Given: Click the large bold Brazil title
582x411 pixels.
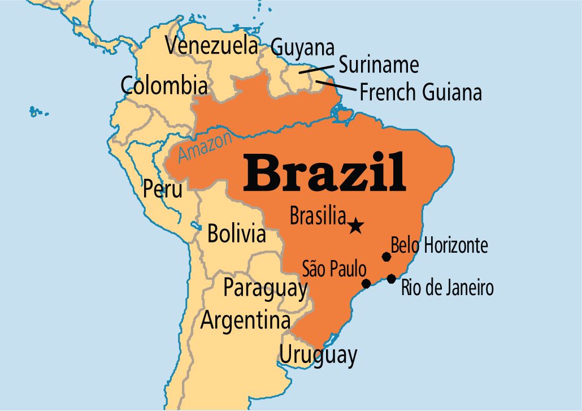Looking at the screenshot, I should (x=324, y=171).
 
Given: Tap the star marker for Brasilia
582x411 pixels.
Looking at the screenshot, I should (x=355, y=226).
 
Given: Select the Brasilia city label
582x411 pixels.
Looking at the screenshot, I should (x=318, y=215).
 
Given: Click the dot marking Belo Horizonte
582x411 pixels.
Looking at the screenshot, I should (x=386, y=257).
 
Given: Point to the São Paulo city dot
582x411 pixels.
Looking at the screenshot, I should (x=366, y=283).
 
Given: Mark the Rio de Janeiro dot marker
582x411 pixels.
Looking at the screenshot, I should (x=391, y=278).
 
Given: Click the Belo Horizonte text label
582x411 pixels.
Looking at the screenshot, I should (x=439, y=246).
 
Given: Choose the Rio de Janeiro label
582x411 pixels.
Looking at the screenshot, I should (x=447, y=288).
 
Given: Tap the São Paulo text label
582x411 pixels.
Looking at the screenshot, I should (x=334, y=269).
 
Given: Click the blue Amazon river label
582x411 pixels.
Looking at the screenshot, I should (x=205, y=146).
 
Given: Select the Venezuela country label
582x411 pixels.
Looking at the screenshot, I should (x=211, y=46).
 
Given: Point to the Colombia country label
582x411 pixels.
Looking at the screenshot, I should (x=164, y=86).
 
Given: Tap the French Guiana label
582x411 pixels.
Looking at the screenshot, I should (x=420, y=92).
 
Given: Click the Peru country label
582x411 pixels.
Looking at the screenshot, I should (x=163, y=189).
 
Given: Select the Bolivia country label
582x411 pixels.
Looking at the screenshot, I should (x=236, y=233).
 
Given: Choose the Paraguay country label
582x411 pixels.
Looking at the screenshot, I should (x=265, y=288).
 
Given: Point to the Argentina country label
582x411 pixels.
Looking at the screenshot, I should (x=245, y=321).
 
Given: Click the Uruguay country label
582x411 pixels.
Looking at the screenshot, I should (x=318, y=356).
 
